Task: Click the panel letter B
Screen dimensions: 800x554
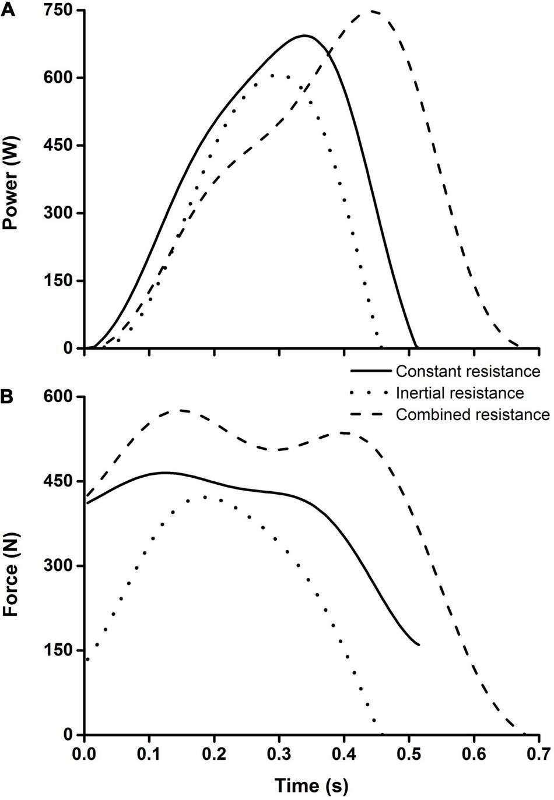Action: pos(8,397)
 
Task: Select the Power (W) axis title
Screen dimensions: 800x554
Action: pos(11,181)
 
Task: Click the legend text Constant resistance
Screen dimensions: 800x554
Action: pos(468,371)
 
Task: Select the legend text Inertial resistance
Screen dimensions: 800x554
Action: pos(460,393)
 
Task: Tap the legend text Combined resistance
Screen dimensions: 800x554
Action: pos(472,414)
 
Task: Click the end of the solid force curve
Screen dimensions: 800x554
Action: pos(418,644)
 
